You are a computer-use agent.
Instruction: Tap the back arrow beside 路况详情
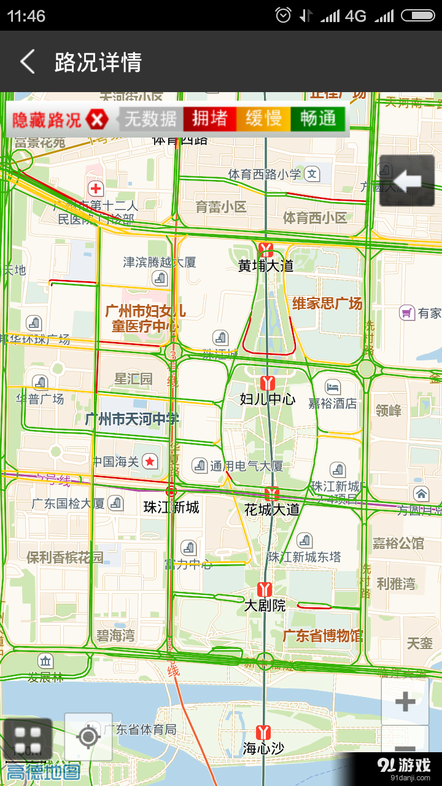27,62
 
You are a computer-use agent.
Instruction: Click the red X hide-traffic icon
97,119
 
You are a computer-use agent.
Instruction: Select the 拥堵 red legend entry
209,119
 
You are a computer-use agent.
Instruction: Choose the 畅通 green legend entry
318,119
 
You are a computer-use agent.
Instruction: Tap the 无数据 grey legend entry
150,119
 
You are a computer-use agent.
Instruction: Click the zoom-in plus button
405,701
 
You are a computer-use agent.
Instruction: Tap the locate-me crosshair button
88,736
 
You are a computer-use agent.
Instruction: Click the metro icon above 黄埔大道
266,249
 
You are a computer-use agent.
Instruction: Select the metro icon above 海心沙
264,732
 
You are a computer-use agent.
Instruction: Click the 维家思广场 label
327,303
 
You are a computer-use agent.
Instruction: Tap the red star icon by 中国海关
150,461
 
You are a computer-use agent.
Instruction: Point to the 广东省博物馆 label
322,636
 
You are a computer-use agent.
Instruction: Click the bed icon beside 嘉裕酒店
332,387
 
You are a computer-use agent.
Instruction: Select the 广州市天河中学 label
132,419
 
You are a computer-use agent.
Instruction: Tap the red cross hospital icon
96,188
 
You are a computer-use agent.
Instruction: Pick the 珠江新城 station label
171,507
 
